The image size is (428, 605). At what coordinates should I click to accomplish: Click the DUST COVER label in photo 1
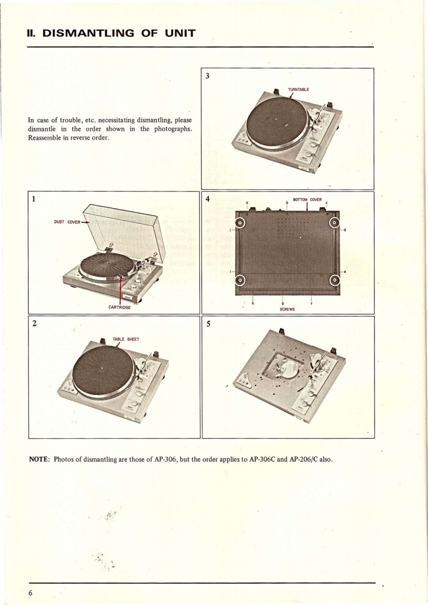coord(64,222)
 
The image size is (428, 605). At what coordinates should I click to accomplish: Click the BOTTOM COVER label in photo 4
coord(307,200)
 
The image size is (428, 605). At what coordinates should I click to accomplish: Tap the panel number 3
coord(207,75)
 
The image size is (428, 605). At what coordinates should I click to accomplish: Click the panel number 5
coord(207,324)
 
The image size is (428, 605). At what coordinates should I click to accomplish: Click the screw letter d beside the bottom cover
coord(344,230)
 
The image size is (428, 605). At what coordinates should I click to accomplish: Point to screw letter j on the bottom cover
coord(231,229)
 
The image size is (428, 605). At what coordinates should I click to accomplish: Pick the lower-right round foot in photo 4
coord(335,279)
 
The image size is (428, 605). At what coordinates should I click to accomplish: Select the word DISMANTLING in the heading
coord(92,34)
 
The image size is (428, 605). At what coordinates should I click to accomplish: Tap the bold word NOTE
coord(39,459)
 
